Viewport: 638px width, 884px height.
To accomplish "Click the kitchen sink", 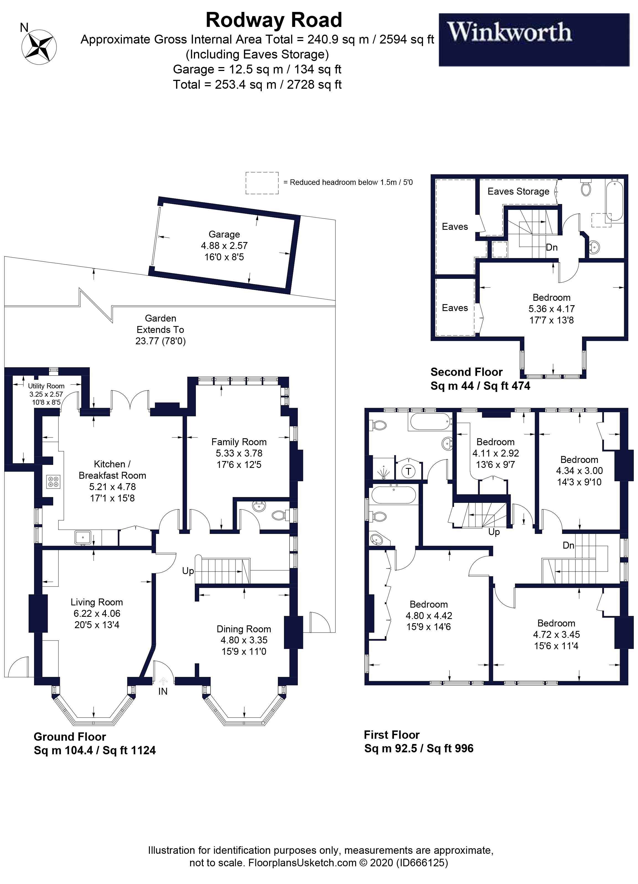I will coord(83,537).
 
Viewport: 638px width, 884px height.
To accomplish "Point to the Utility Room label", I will coord(46,386).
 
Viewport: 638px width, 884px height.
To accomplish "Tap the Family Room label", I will coord(239,442).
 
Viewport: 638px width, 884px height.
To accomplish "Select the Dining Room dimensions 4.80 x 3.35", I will coord(244,640).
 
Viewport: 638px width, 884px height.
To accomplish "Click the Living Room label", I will coord(97,602).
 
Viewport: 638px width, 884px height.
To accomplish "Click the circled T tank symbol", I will coord(408,471).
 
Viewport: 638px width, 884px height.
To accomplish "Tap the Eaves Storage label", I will coord(518,191).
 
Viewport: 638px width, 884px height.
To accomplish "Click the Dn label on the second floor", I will coord(552,248).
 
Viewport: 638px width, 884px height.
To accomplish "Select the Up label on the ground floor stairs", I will coord(188,571).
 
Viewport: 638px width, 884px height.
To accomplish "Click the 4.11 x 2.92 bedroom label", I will coord(495,453).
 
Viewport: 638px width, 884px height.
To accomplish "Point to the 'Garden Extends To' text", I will coord(160,324).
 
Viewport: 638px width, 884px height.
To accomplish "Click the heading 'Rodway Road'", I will coord(273,20).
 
